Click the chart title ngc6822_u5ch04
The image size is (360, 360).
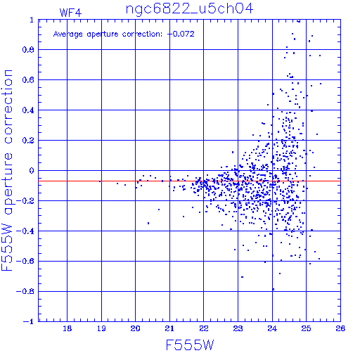pyautogui.click(x=189, y=9)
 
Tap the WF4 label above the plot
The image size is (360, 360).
pyautogui.click(x=70, y=13)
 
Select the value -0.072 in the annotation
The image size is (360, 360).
pyautogui.click(x=181, y=34)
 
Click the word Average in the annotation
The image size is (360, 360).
pyautogui.click(x=68, y=34)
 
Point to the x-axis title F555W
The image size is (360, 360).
pyautogui.click(x=190, y=345)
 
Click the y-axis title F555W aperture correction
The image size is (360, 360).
pyautogui.click(x=7, y=170)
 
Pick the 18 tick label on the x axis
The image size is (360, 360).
pyautogui.click(x=67, y=328)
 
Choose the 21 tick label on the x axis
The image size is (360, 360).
pyautogui.click(x=169, y=328)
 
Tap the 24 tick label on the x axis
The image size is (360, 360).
pyautogui.click(x=272, y=328)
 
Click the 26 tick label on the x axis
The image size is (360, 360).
pyautogui.click(x=340, y=328)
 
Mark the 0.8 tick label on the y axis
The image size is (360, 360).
pyautogui.click(x=28, y=50)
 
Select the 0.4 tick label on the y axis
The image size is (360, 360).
pyautogui.click(x=28, y=110)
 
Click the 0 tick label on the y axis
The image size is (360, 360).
pyautogui.click(x=32, y=171)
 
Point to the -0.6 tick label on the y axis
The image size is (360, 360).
pyautogui.click(x=25, y=261)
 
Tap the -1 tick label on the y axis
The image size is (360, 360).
pyautogui.click(x=28, y=321)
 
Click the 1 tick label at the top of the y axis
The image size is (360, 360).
pyautogui.click(x=32, y=20)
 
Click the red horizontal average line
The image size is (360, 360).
pyautogui.click(x=189, y=181)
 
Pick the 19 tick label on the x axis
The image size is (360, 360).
pyautogui.click(x=101, y=328)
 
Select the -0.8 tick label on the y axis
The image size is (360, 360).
pyautogui.click(x=25, y=291)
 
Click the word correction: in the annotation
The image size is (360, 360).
pyautogui.click(x=142, y=34)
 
